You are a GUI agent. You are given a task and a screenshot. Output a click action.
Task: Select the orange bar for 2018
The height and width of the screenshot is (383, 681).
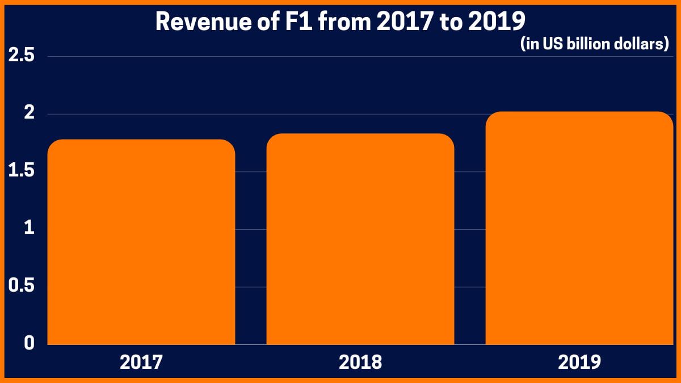[360, 239]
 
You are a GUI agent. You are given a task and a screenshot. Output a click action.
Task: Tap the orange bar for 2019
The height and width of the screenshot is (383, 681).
[579, 228]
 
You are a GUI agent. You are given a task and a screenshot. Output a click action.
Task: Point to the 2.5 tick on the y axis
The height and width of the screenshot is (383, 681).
[21, 57]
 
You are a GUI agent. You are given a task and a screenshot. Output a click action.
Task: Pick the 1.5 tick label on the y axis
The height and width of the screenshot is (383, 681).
[21, 171]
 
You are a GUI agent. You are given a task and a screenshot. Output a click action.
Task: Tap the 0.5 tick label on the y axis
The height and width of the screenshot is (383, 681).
[21, 286]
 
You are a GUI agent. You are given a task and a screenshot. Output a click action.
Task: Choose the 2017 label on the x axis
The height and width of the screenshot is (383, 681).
[141, 362]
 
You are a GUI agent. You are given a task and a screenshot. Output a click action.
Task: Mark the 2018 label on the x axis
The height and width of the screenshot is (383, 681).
[360, 362]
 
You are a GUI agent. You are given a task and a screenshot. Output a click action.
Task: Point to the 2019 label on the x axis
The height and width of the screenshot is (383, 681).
[579, 362]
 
